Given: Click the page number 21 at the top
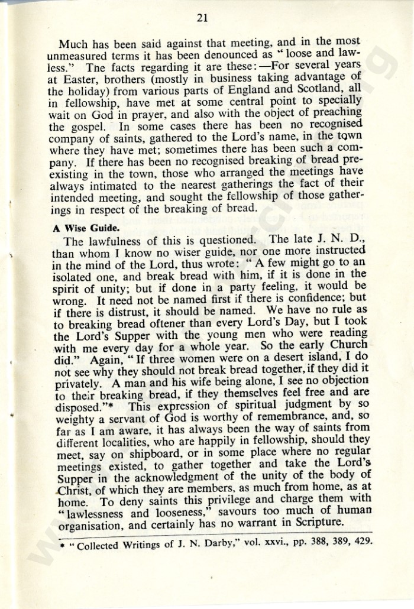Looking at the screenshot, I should [x=202, y=18].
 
